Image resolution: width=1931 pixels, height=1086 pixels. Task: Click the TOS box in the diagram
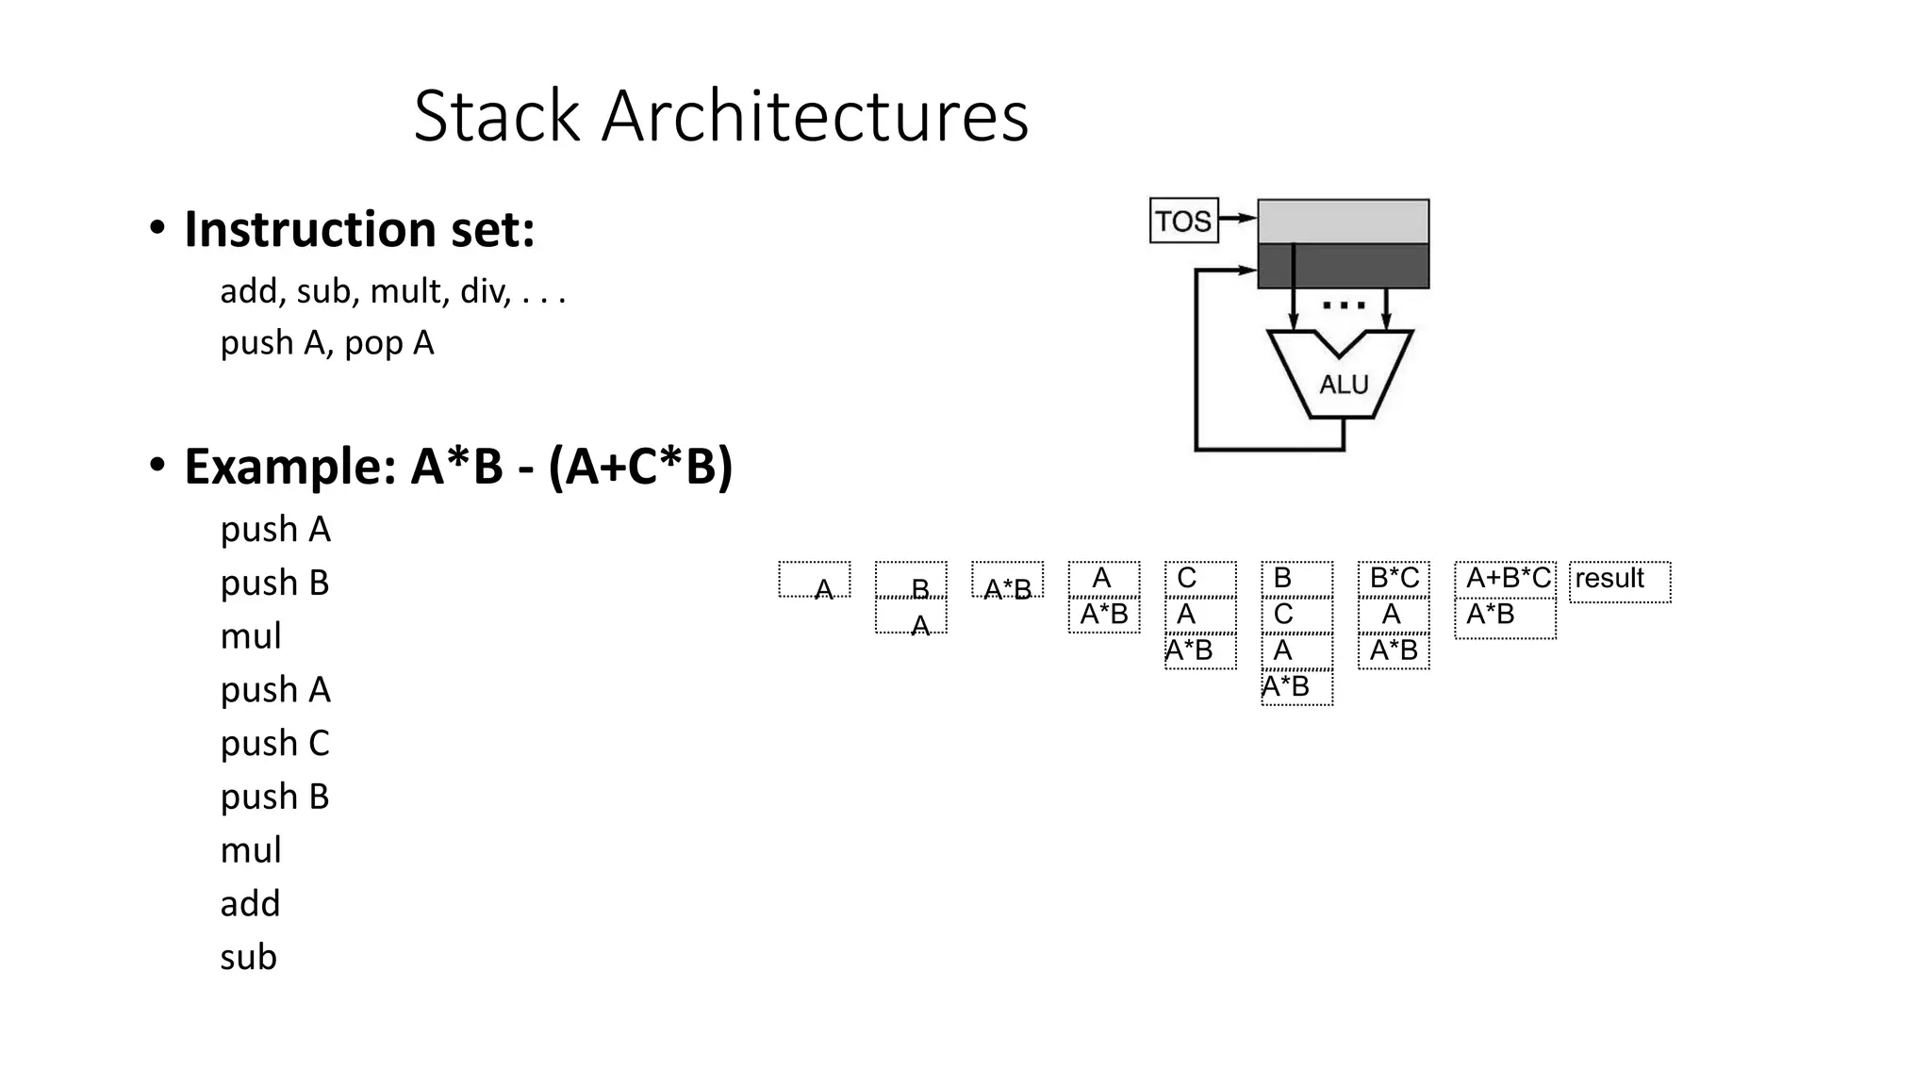coord(1183,221)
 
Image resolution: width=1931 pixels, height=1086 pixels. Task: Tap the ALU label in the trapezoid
coord(1343,385)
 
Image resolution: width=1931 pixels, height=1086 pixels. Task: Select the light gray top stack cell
coord(1343,222)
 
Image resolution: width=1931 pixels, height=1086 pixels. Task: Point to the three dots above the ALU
coord(1344,305)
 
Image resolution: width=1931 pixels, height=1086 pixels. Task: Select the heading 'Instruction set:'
coord(359,229)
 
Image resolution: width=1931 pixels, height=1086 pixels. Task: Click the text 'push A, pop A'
coord(326,342)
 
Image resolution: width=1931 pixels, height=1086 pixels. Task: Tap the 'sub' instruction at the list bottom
coord(248,957)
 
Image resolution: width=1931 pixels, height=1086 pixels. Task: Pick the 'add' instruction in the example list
coord(250,903)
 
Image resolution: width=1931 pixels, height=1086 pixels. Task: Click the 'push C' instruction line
coord(274,743)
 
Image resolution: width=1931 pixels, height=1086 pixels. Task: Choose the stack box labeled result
coord(1619,581)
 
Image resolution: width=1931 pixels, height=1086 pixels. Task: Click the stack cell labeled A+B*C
coord(1506,579)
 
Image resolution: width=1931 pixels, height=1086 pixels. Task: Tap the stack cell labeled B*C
coord(1394,579)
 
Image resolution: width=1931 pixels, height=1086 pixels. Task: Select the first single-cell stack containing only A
coord(815,581)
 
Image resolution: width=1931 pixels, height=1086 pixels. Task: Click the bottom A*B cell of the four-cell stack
coord(1296,687)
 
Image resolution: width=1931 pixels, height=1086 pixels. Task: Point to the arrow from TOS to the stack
coord(1238,218)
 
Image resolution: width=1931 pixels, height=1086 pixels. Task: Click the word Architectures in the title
coord(815,116)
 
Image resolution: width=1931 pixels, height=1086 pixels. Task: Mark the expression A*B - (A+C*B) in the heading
coord(571,466)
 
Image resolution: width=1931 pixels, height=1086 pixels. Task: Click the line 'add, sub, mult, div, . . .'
coord(392,291)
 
